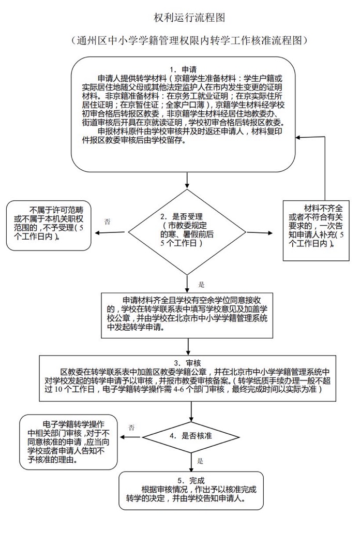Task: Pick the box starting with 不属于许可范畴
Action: (x=50, y=224)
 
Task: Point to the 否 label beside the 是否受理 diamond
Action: (x=107, y=222)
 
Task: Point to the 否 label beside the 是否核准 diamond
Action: (x=131, y=428)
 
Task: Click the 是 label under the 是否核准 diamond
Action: (x=200, y=460)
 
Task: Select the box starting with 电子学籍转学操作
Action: (x=68, y=440)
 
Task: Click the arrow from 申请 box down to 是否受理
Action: (x=188, y=181)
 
